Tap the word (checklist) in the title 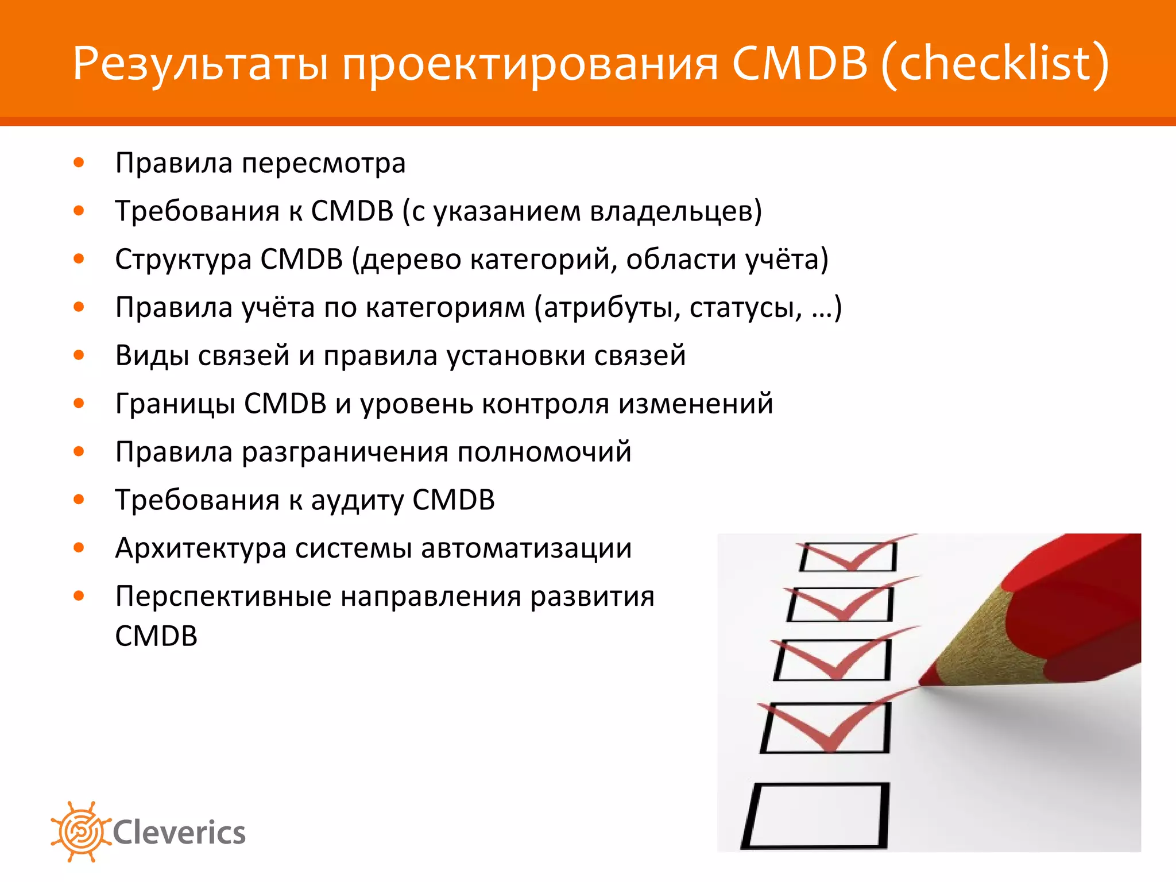pos(995,63)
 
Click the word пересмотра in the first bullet pos(323,164)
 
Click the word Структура pos(183,260)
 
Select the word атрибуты pos(611,308)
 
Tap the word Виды pos(152,355)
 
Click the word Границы pos(175,404)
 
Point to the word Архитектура pos(200,548)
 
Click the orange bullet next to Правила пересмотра pos(79,163)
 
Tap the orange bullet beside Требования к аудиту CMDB pos(79,500)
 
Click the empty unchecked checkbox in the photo pos(815,815)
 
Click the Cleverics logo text pos(179,833)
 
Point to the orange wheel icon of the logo pos(80,831)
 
